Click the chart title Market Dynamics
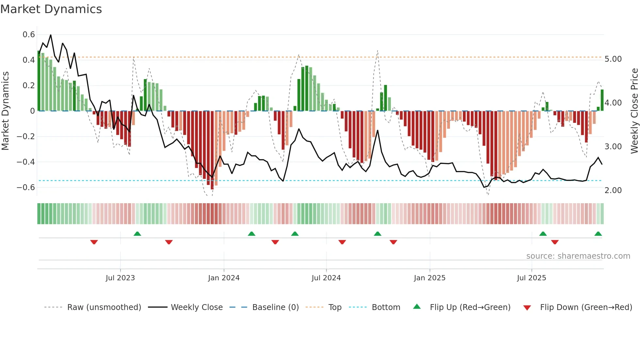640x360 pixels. point(51,9)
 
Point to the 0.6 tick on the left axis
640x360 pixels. point(29,35)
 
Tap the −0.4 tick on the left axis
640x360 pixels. point(26,162)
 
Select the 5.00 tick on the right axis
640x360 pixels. point(613,59)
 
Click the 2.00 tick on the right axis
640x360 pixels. point(613,190)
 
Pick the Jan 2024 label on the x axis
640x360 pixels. point(224,278)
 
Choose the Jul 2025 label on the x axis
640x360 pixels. point(531,278)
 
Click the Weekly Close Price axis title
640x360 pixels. point(634,111)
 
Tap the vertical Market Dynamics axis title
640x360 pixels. point(5,111)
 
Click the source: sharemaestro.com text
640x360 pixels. point(578,256)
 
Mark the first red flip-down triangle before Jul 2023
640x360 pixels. point(94,242)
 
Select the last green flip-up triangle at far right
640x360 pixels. point(598,234)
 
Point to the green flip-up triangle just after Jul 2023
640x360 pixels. point(137,234)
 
